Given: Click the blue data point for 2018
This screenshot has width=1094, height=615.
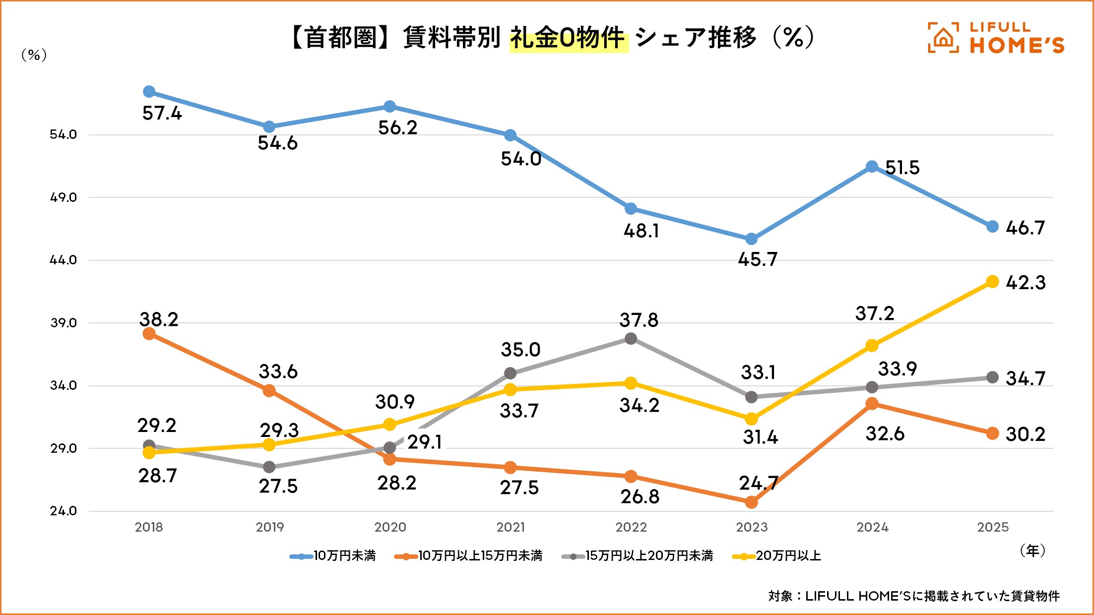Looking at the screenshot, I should [x=149, y=92].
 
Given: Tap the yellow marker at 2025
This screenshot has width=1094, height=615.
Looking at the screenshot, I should [x=992, y=282].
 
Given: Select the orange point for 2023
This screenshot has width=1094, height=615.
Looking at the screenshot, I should [x=751, y=502].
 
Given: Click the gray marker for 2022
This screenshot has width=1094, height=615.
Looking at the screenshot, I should [x=631, y=339].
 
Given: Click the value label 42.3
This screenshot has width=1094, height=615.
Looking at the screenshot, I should [x=1025, y=283].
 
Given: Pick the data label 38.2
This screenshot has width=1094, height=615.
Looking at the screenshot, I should [x=159, y=319].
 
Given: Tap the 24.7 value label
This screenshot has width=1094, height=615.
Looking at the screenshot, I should [x=758, y=483].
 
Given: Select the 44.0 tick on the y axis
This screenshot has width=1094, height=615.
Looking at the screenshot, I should [x=64, y=260].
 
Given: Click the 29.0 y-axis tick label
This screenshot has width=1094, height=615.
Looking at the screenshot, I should [x=64, y=448].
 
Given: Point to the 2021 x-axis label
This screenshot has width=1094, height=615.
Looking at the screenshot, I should [x=511, y=527].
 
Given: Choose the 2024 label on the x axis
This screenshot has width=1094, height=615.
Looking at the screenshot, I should [x=872, y=527].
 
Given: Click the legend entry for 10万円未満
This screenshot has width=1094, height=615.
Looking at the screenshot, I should [x=333, y=556].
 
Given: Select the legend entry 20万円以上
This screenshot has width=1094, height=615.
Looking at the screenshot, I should [x=777, y=556].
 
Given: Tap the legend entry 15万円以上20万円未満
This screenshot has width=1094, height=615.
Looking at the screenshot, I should [x=638, y=556].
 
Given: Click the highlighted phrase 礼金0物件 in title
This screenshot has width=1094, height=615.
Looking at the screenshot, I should [x=568, y=39].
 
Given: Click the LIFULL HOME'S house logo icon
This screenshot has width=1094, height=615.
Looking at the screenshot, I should [x=943, y=38].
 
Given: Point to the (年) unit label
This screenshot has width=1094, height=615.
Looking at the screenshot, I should [x=1032, y=551].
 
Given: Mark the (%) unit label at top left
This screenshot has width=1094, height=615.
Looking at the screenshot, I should [x=34, y=55].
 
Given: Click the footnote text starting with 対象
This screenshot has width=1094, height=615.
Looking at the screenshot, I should [x=914, y=596].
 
